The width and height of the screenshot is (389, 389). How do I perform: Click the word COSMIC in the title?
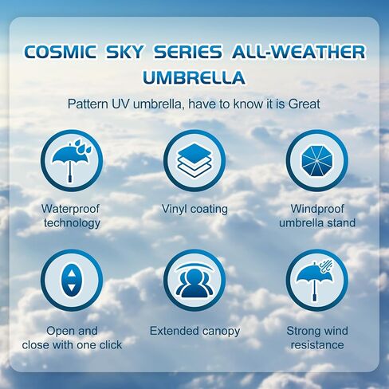point(61,52)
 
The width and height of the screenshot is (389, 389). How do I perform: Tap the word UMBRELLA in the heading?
point(194,77)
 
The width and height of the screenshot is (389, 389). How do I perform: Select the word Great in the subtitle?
point(305,104)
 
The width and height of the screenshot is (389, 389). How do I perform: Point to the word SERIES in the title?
point(188,52)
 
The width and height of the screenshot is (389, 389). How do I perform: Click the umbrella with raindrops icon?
point(72,160)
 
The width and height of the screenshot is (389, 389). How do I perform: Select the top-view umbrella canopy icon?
point(317,160)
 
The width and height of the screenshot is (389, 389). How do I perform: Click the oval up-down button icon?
point(72,281)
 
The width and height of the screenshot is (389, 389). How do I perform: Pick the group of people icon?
point(194,281)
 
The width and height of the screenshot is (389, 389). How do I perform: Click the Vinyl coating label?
point(194,209)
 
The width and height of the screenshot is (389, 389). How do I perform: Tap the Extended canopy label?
point(194,332)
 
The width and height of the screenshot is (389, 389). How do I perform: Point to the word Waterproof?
point(70,209)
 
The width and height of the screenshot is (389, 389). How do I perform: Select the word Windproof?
point(317,209)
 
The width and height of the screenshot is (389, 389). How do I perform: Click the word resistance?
point(317,345)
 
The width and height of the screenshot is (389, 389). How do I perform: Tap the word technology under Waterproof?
point(72,223)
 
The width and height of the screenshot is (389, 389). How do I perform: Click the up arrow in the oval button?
point(72,273)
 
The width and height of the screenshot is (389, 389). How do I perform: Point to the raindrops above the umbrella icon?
point(82,146)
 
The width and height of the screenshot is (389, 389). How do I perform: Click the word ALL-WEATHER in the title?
point(299,52)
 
